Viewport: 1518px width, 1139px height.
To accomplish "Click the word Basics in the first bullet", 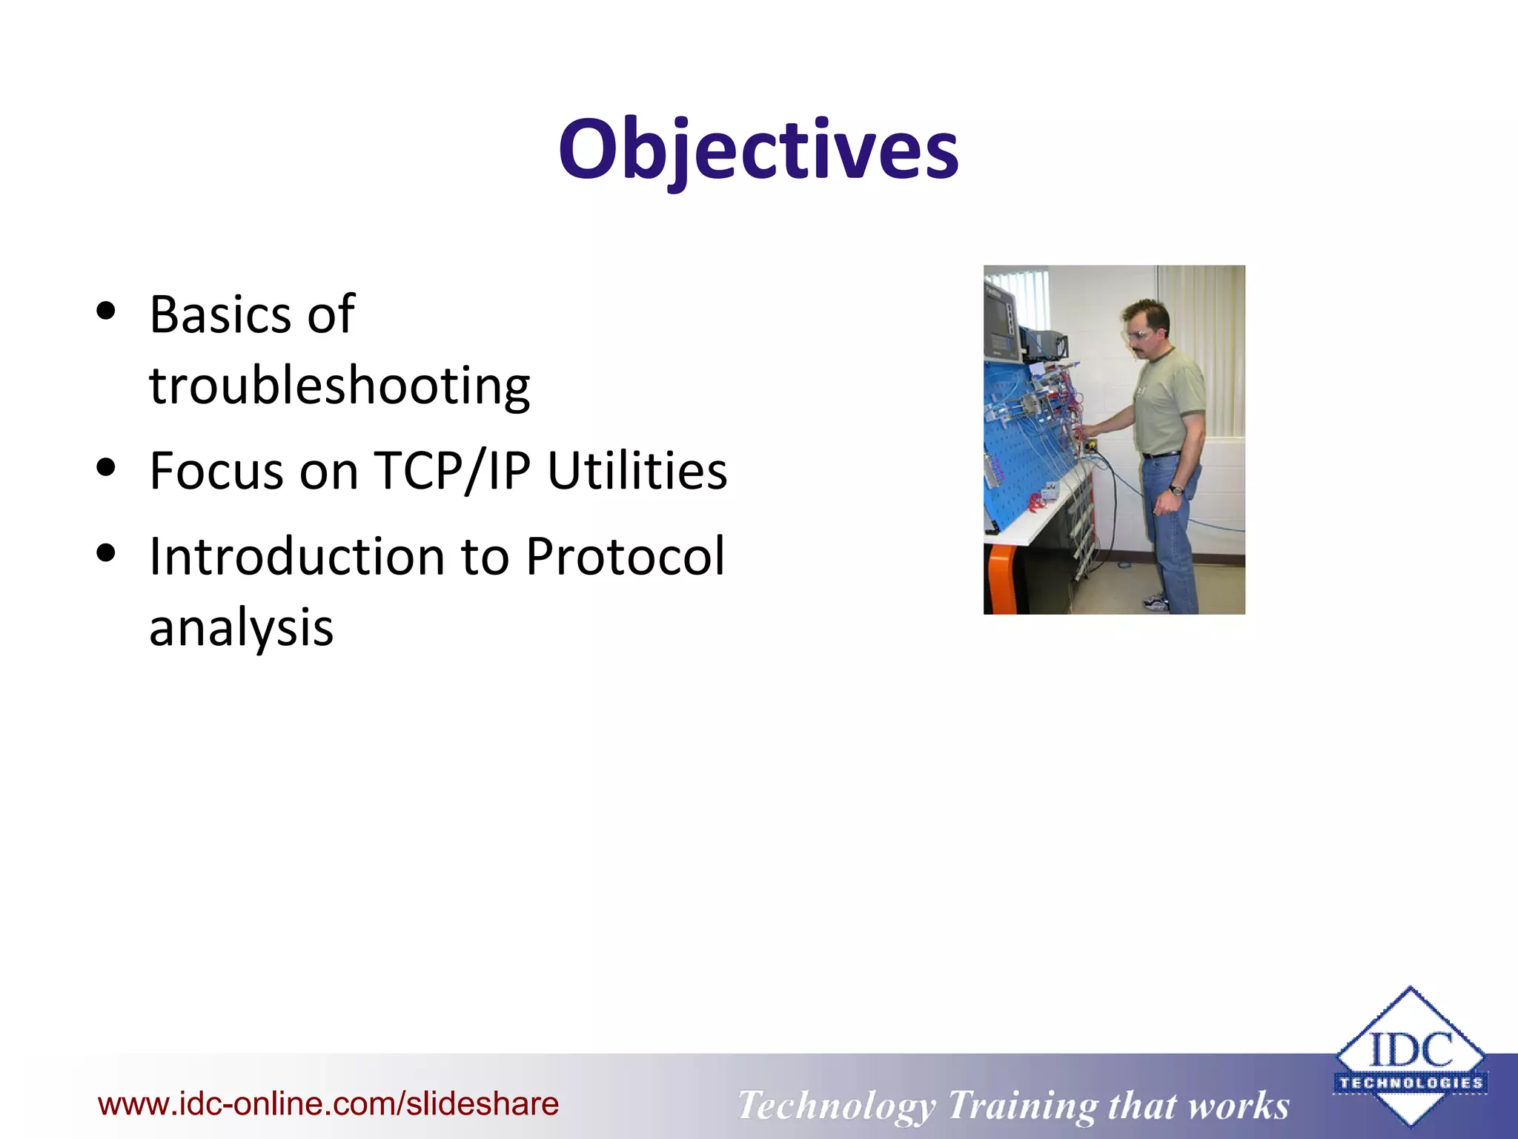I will pyautogui.click(x=220, y=315).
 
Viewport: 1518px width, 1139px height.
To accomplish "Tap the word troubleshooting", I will pyautogui.click(x=339, y=386).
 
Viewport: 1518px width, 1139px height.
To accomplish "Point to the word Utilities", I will pyautogui.click(x=637, y=472).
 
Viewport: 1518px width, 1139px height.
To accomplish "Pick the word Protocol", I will pyautogui.click(x=625, y=557).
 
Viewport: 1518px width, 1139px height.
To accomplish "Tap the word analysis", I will pyautogui.click(x=241, y=628).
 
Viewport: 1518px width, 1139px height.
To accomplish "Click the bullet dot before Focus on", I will pyautogui.click(x=107, y=468).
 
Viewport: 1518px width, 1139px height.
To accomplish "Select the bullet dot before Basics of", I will pyautogui.click(x=107, y=311).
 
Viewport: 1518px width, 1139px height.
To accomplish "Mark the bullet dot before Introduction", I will pyautogui.click(x=107, y=553).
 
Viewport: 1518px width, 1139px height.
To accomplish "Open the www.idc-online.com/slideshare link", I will pyautogui.click(x=328, y=1104).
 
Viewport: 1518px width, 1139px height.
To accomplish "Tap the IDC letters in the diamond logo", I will pyautogui.click(x=1411, y=1049).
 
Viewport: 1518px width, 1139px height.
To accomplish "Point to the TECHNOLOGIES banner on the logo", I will pyautogui.click(x=1411, y=1083).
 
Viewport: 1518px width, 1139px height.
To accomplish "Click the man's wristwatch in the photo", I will pyautogui.click(x=1176, y=489).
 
